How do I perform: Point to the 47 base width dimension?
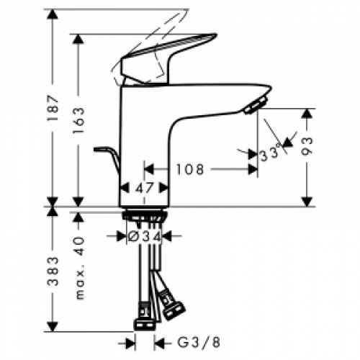pos(144,189)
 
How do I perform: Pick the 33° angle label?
pos(272,153)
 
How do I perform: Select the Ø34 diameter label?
pos(143,235)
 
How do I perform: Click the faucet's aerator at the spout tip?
pos(254,107)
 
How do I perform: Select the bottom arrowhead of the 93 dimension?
pos(307,201)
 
